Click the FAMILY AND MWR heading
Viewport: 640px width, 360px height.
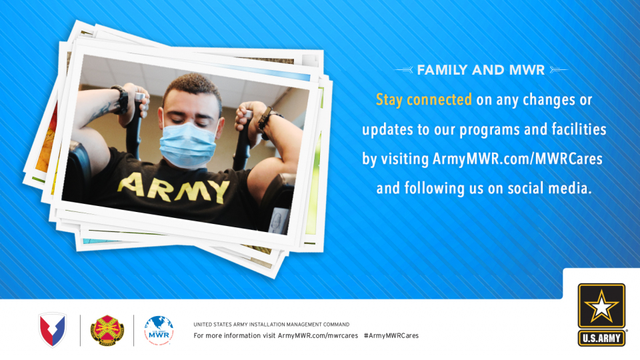(481, 70)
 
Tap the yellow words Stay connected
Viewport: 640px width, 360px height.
(424, 99)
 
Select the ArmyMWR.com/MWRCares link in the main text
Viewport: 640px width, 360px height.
(517, 159)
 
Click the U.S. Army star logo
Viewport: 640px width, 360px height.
(601, 306)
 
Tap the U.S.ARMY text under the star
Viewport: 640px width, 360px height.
(601, 338)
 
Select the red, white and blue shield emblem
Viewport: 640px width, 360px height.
(52, 330)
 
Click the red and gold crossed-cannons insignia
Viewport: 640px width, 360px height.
(107, 330)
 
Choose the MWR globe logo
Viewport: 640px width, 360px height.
(159, 330)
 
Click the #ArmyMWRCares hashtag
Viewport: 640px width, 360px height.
(391, 335)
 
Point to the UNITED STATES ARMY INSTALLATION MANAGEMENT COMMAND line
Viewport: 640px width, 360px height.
(271, 325)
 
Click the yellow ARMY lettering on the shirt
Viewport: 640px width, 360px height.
(173, 187)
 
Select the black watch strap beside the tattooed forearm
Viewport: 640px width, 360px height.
(121, 99)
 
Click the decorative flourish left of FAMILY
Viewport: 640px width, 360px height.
(404, 70)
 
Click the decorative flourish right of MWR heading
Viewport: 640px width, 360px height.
(559, 70)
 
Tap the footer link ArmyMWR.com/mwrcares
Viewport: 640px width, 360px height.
(318, 335)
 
